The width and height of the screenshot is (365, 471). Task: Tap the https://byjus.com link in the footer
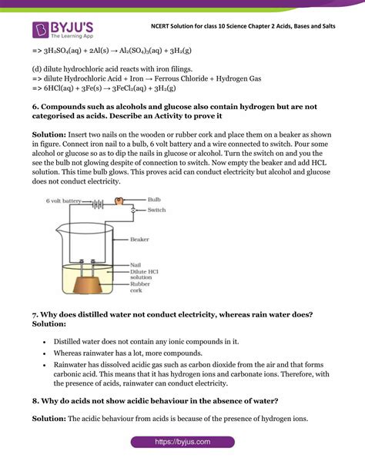point(182,443)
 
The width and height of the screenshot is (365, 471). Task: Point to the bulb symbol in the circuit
point(119,201)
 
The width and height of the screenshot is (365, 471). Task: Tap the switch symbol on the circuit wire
point(132,210)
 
